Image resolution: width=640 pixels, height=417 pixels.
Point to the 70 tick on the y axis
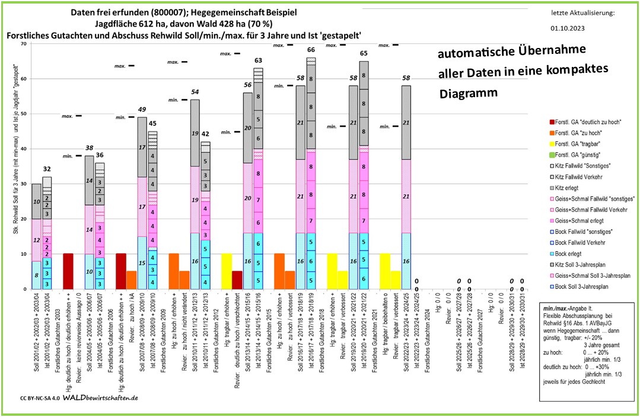23,44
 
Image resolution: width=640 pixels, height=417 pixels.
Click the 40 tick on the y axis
23,149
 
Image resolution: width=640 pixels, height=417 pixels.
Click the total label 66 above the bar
310,50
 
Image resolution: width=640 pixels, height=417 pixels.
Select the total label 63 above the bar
258,60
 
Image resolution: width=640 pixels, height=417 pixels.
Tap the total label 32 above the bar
46,169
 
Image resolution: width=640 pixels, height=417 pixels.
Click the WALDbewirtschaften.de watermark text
100,397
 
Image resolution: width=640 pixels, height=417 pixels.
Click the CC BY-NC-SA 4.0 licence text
39,398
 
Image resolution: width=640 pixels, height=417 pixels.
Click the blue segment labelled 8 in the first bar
36,275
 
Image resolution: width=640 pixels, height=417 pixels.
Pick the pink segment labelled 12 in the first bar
36,240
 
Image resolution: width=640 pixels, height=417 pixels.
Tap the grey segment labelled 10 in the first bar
36,201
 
